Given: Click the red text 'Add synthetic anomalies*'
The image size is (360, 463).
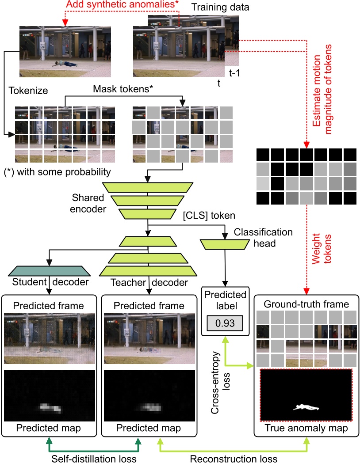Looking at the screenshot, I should pyautogui.click(x=119, y=5).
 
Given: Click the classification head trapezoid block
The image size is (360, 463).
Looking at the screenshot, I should pyautogui.click(x=226, y=243).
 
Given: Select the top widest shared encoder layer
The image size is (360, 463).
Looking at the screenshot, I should pyautogui.click(x=146, y=187).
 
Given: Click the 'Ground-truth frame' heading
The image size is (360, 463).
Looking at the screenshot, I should pyautogui.click(x=306, y=304).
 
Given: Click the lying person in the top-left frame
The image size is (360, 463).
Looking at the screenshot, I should pyautogui.click(x=65, y=64).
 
